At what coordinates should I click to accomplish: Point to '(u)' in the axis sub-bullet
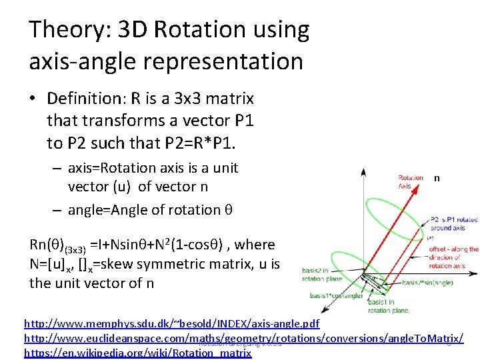pos(118,187)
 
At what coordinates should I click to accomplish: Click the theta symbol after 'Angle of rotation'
pos(227,210)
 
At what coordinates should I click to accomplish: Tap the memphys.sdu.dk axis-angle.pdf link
pos(171,324)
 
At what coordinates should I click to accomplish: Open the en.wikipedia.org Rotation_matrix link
pos(137,353)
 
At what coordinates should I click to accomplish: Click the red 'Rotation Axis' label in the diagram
pos(410,182)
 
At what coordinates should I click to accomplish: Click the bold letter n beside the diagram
pos(437,178)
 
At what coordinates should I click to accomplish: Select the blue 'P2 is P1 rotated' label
pos(454,219)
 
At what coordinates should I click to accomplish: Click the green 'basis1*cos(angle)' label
pos(326,295)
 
